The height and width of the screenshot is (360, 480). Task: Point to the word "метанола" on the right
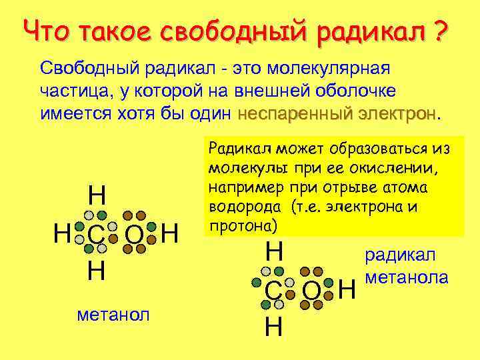click(x=407, y=277)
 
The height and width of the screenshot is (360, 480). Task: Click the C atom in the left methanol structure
click(x=96, y=235)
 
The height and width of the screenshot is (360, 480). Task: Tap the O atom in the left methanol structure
click(x=134, y=235)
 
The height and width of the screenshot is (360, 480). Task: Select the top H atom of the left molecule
click(x=97, y=196)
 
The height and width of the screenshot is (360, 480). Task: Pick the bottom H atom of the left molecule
click(x=96, y=272)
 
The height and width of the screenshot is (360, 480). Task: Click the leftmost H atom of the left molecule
click(x=62, y=234)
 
